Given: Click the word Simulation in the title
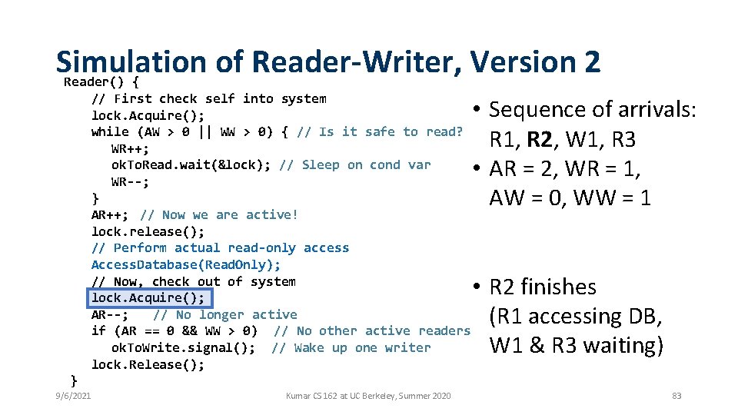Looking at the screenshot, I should click(x=131, y=61).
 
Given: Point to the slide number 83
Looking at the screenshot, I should click(x=676, y=396).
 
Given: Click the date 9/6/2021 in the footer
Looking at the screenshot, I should click(x=74, y=396).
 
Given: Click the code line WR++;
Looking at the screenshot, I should click(x=130, y=148).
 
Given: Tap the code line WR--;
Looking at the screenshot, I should click(x=130, y=182).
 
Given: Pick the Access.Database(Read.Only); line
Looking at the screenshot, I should click(x=186, y=265).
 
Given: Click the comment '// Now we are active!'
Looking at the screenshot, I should click(x=219, y=215).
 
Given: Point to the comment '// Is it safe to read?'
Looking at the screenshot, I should click(x=380, y=132).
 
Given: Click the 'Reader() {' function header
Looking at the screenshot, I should click(x=101, y=81).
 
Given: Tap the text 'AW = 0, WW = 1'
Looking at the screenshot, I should click(x=570, y=198).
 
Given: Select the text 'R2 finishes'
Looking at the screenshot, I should click(x=543, y=287).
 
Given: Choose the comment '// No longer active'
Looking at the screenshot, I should click(x=224, y=315).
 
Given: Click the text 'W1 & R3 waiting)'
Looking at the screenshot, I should click(x=576, y=346).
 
